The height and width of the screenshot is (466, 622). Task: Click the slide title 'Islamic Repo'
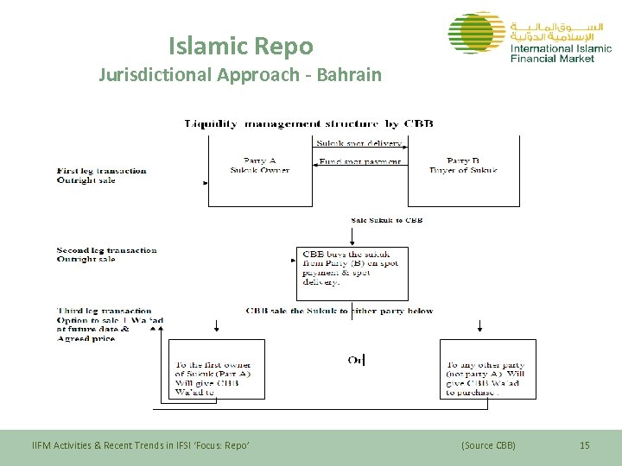240,45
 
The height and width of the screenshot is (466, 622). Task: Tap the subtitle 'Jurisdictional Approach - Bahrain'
239,74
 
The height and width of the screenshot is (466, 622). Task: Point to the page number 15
584,445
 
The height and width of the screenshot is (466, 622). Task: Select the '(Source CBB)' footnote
488,445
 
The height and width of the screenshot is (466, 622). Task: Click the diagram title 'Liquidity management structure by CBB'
308,123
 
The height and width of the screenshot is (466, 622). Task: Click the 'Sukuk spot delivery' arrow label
359,143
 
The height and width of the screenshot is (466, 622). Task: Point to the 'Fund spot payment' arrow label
359,161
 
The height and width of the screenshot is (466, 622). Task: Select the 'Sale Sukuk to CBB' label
386,220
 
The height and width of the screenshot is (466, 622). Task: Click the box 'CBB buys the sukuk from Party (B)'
352,268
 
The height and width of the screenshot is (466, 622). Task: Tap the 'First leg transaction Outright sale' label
101,175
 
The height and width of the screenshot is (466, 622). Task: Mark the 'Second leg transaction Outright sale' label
106,255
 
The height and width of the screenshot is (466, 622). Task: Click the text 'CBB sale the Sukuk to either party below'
340,311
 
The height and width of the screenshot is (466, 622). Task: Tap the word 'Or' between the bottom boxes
355,360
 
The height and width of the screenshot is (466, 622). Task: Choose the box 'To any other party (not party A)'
486,378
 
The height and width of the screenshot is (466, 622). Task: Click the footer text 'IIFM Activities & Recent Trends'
140,445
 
